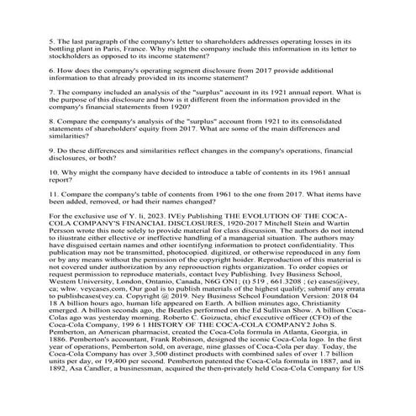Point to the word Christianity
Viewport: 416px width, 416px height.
click(x=334, y=340)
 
